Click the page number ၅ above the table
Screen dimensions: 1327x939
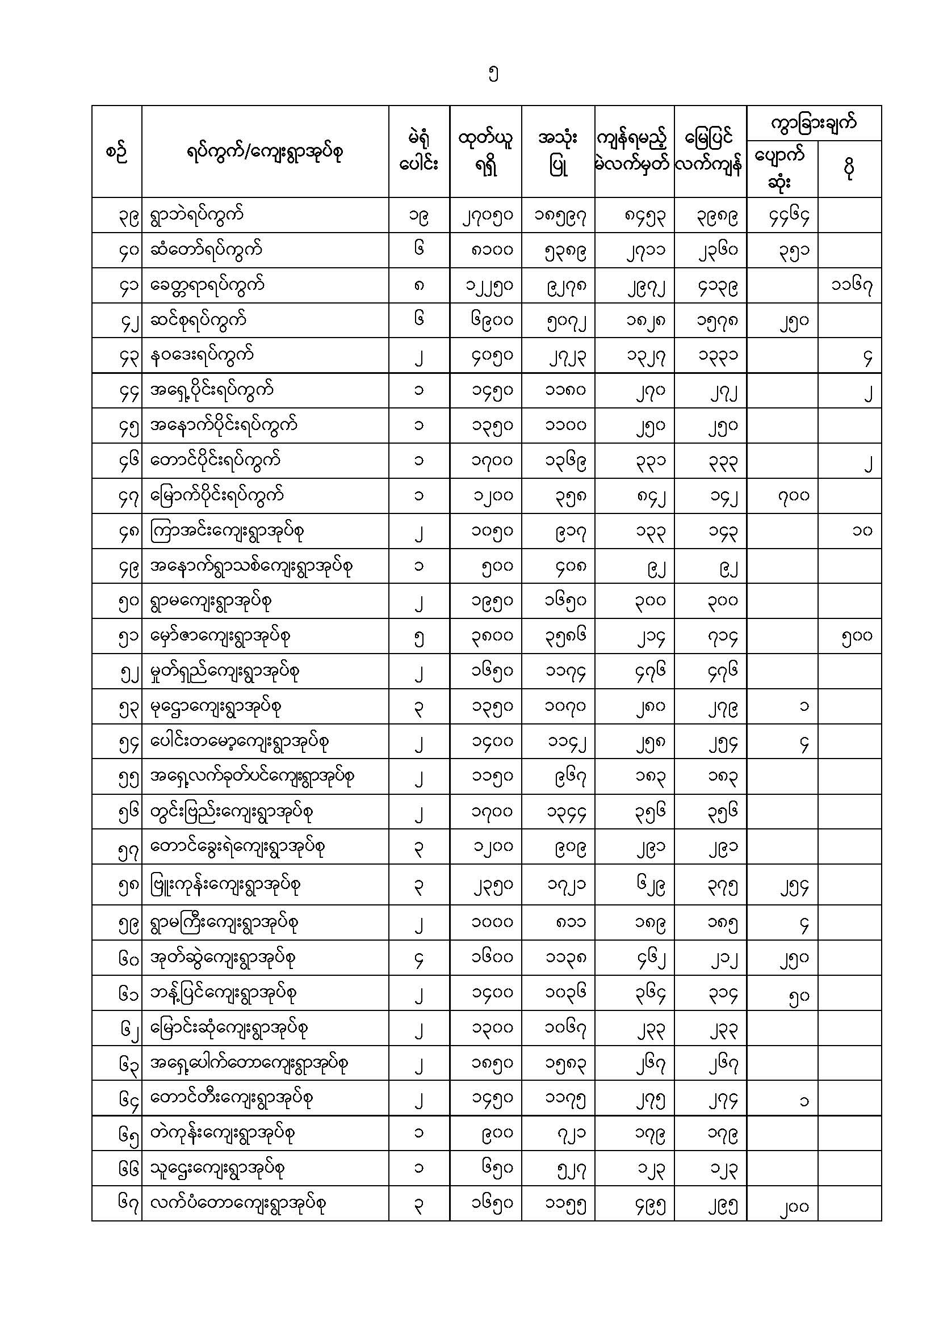pyautogui.click(x=493, y=74)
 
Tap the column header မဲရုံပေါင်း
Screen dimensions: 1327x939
pyautogui.click(x=419, y=152)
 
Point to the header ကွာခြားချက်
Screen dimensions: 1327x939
pyautogui.click(x=814, y=123)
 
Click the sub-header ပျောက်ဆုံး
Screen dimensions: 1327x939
pyautogui.click(x=781, y=168)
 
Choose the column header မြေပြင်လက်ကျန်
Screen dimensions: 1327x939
pyautogui.click(x=710, y=152)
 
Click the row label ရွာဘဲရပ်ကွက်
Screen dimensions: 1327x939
pyautogui.click(x=197, y=216)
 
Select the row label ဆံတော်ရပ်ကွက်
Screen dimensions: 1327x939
pyautogui.click(x=206, y=250)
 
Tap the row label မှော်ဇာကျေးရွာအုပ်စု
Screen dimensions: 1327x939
pyautogui.click(x=220, y=637)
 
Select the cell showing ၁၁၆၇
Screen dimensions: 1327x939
pyautogui.click(x=852, y=285)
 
